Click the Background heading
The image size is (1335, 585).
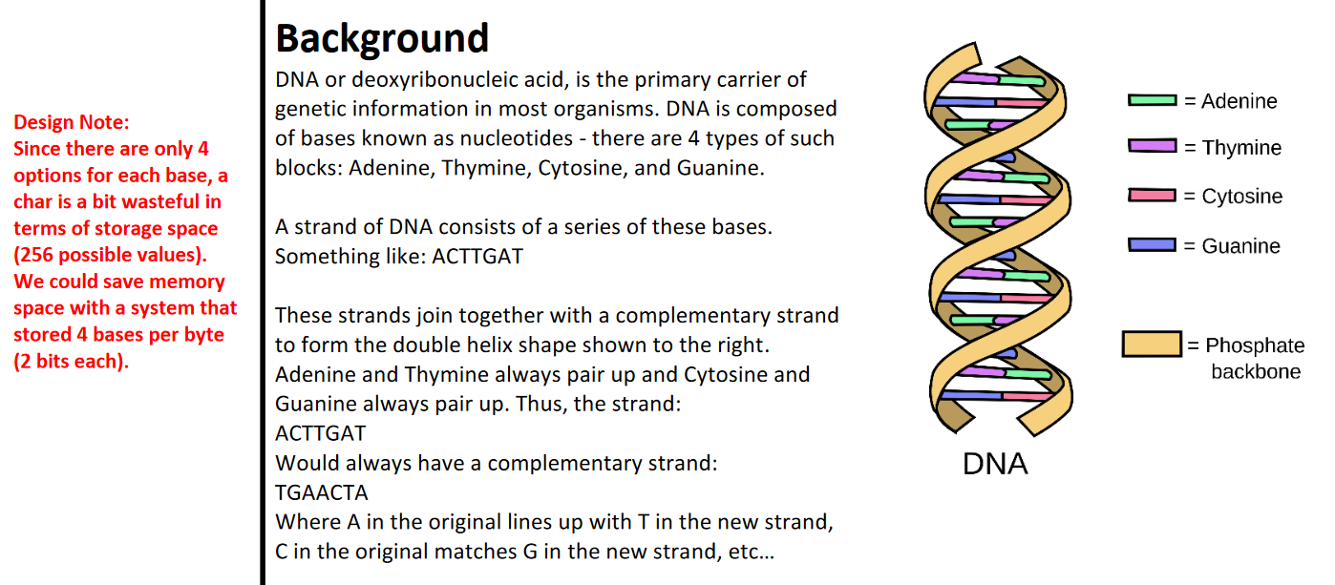coord(382,38)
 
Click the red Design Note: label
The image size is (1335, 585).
coord(72,122)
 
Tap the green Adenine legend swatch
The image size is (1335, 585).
coord(1153,100)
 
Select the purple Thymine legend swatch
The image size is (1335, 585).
coord(1153,146)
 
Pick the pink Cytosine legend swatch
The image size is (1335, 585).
coord(1153,196)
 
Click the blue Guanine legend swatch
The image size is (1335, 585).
coord(1153,245)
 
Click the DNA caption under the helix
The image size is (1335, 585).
coord(995,464)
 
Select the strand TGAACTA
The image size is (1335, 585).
coord(322,492)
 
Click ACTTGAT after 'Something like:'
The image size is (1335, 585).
coord(477,257)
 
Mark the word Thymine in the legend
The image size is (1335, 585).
coord(1241,148)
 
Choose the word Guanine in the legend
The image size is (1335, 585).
coord(1240,246)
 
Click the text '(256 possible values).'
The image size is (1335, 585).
coord(110,255)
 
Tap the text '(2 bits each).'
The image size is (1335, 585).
coord(71,362)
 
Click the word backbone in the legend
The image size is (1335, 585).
coord(1255,371)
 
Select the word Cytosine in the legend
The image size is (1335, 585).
coord(1241,197)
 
